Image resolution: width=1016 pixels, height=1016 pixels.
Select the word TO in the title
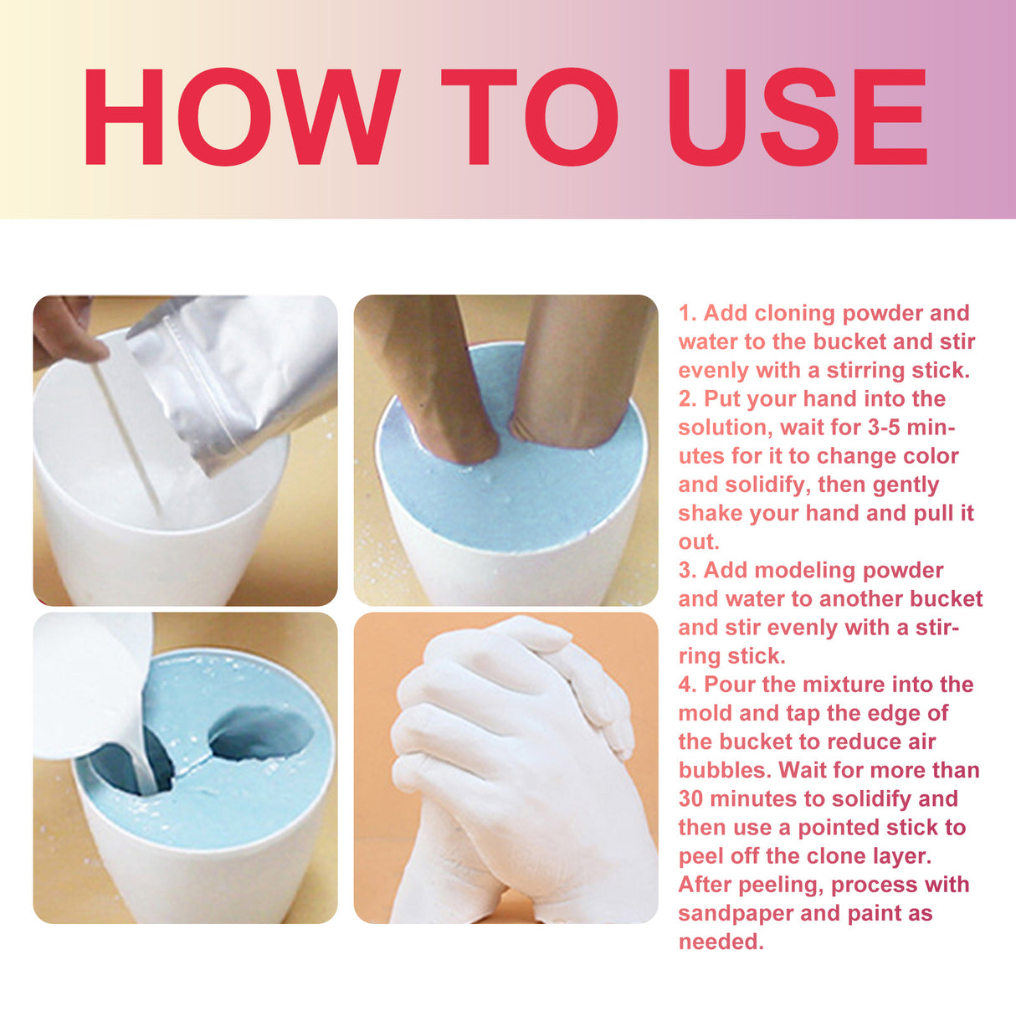[x=529, y=118]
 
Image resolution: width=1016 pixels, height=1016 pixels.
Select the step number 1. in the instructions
[x=687, y=313]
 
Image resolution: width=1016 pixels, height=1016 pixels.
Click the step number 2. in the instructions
[x=687, y=399]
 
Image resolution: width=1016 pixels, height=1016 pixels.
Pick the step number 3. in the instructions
[x=687, y=571]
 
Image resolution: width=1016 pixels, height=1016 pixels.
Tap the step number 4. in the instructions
[x=687, y=685]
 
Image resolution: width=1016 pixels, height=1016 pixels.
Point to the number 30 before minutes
[x=691, y=799]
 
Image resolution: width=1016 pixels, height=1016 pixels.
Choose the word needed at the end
[x=720, y=942]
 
